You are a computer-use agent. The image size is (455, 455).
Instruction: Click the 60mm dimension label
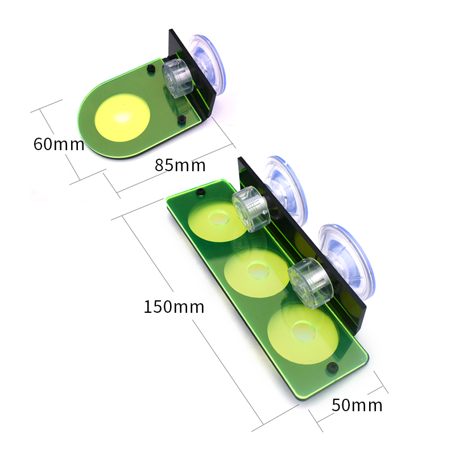click(59, 144)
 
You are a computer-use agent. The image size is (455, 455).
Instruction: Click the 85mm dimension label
click(180, 166)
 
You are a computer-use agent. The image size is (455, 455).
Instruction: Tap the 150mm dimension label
click(173, 307)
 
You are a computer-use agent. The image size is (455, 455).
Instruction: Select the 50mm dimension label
click(357, 406)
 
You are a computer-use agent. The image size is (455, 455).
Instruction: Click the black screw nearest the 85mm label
click(181, 119)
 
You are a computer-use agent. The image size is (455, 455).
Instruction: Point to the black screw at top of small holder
click(151, 69)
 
